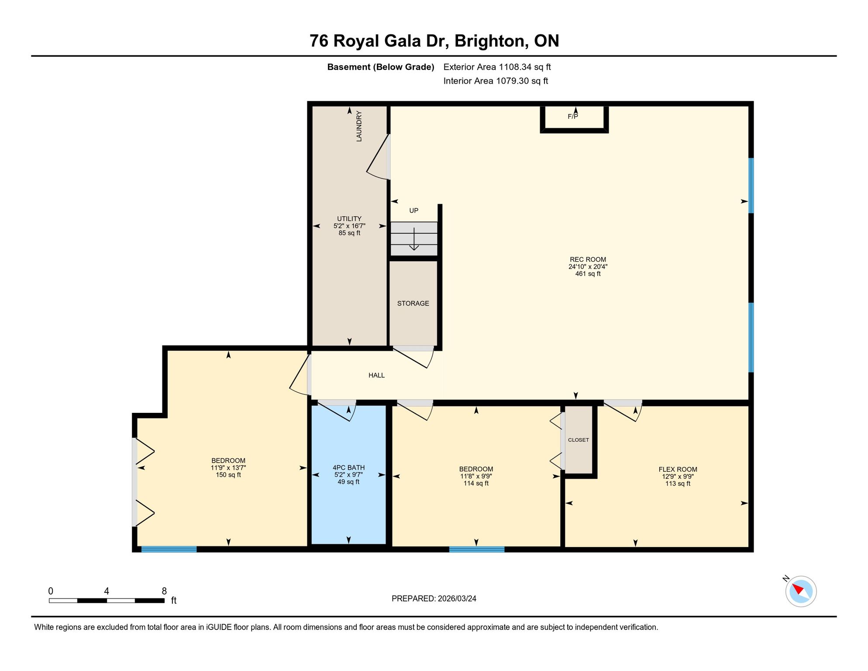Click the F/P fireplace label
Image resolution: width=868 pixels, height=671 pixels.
coord(572,117)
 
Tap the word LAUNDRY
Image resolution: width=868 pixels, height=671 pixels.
coord(359,126)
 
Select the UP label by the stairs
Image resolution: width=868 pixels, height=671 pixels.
coord(413,211)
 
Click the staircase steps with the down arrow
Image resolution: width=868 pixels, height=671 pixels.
coord(414,239)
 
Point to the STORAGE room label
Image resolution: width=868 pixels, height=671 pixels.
coord(413,303)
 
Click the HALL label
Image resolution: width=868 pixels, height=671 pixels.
coord(376,375)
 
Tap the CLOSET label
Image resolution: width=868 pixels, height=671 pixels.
coord(579,440)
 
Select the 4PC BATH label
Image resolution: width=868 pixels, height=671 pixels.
coord(348,467)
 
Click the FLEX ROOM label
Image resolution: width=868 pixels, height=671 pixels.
coord(678,470)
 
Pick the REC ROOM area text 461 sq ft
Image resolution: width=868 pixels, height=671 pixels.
coord(588,274)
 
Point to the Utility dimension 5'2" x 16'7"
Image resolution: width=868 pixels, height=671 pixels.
coord(349,226)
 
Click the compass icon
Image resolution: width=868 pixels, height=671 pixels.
coord(801,591)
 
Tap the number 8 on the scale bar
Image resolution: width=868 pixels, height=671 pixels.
coord(164,591)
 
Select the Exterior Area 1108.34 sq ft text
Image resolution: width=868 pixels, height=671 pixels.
coord(497,67)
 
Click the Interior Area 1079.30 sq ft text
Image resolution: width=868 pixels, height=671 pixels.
coord(496,81)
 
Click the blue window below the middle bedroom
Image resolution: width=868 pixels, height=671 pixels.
coord(477,550)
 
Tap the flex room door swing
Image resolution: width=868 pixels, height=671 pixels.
coord(623,411)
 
